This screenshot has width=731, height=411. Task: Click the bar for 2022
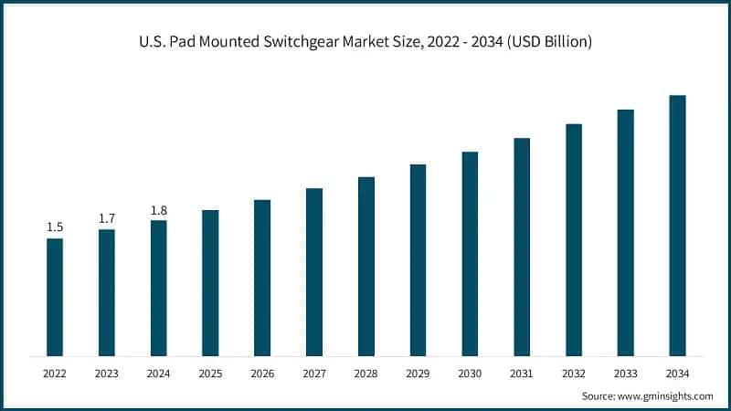(55, 297)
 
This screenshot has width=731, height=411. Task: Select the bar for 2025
(210, 282)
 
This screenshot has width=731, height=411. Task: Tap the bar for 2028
(365, 266)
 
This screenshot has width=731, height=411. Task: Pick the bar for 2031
(522, 247)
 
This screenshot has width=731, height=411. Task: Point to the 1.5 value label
(55, 227)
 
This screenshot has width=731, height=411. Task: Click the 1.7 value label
(107, 217)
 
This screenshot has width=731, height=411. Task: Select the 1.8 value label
(159, 209)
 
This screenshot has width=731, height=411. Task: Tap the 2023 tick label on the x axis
(107, 374)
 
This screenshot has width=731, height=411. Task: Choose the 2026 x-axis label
(262, 374)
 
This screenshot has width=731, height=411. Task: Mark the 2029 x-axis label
(418, 374)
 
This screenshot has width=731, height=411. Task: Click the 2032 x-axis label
(574, 374)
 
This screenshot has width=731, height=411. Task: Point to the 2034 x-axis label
(677, 374)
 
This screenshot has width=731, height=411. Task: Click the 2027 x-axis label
(314, 374)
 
